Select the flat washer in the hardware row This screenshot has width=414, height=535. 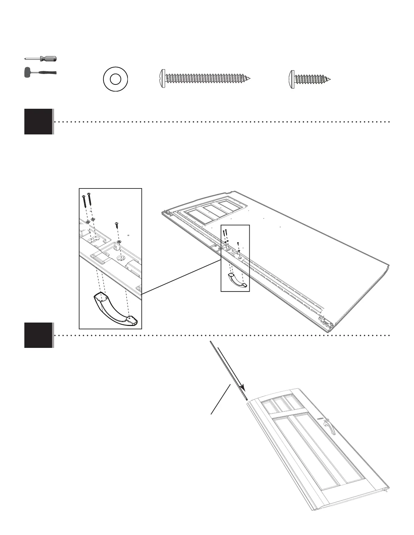[x=115, y=79]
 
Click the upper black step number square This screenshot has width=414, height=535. [x=39, y=122]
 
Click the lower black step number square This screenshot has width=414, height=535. [x=39, y=335]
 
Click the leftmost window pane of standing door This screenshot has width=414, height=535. [x=269, y=407]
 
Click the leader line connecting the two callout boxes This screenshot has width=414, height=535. [x=181, y=277]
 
